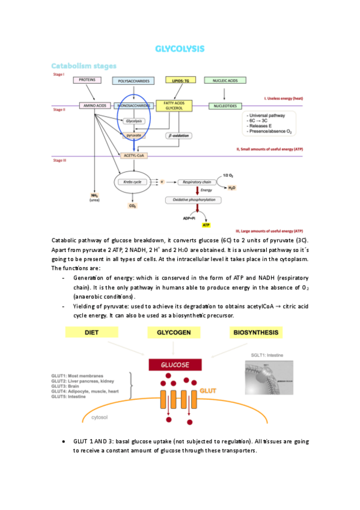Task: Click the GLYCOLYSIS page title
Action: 180,48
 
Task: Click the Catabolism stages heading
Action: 84,66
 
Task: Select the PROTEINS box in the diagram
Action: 87,79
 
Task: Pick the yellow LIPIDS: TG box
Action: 180,80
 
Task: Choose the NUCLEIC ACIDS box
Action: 224,80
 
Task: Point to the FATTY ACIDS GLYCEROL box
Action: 174,106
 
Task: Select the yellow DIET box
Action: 91,332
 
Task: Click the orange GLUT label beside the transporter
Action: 208,391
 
